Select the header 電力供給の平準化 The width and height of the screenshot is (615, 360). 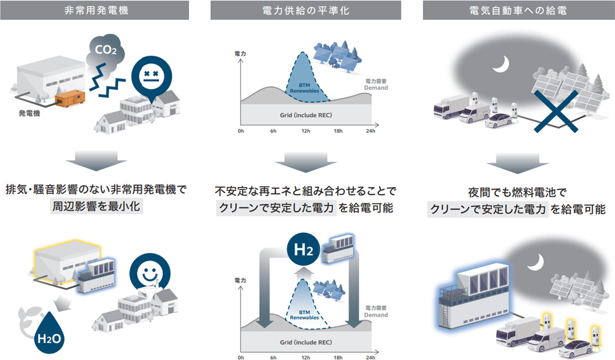point(305,10)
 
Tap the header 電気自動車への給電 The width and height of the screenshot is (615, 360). point(518,10)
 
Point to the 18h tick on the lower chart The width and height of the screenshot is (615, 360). point(338,357)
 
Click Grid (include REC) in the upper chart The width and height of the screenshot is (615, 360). point(305,115)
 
